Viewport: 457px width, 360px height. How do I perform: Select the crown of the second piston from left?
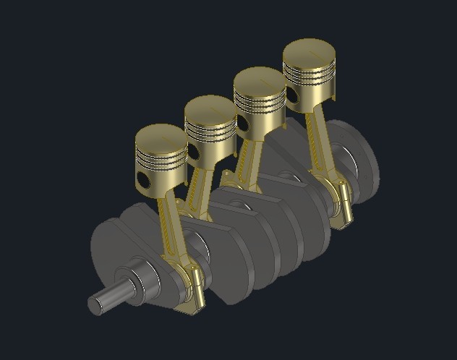coord(210,108)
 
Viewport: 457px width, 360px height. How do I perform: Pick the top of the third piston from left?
coord(260,80)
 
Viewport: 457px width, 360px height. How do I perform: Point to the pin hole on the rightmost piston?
coord(292,95)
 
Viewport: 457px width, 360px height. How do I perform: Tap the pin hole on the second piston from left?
coord(194,151)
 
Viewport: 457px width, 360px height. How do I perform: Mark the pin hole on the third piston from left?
coord(243,124)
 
